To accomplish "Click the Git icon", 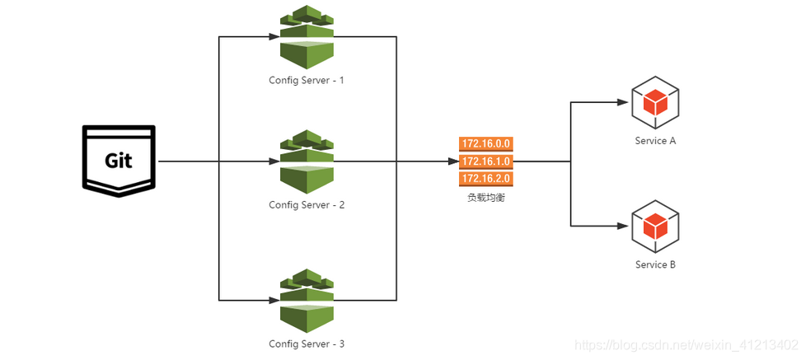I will tap(118, 161).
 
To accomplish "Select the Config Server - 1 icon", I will tap(307, 37).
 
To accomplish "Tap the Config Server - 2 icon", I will tap(307, 161).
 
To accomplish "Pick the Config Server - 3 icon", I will tap(307, 300).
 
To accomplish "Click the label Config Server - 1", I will tap(307, 81).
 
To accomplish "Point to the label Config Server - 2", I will tap(307, 204).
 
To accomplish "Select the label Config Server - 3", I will tap(307, 344).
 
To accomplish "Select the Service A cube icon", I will tap(655, 103).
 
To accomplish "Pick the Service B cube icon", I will tap(655, 226).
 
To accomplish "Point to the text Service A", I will tap(655, 141).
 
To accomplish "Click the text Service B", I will tap(655, 264).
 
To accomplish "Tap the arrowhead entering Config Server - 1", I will tap(273, 37).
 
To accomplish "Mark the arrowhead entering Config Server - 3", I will tap(273, 300).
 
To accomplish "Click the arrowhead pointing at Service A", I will tap(622, 102).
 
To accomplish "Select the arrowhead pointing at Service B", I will tap(622, 226).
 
